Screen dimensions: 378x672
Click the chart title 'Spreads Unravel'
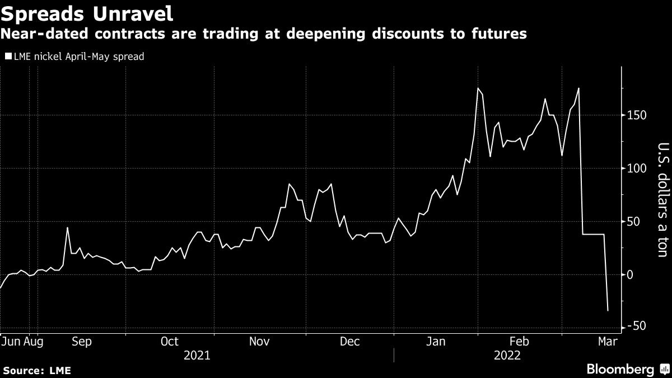tap(87, 12)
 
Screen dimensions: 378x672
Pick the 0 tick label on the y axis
tap(631, 274)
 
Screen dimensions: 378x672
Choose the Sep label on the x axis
tap(82, 341)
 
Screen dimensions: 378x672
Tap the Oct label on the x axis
tap(169, 341)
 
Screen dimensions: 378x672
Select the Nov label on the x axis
tap(260, 341)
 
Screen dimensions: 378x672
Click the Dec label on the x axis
tap(349, 341)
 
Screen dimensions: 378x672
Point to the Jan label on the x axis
tap(438, 341)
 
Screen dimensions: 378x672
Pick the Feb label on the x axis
tap(520, 341)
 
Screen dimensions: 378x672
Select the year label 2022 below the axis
tap(507, 355)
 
